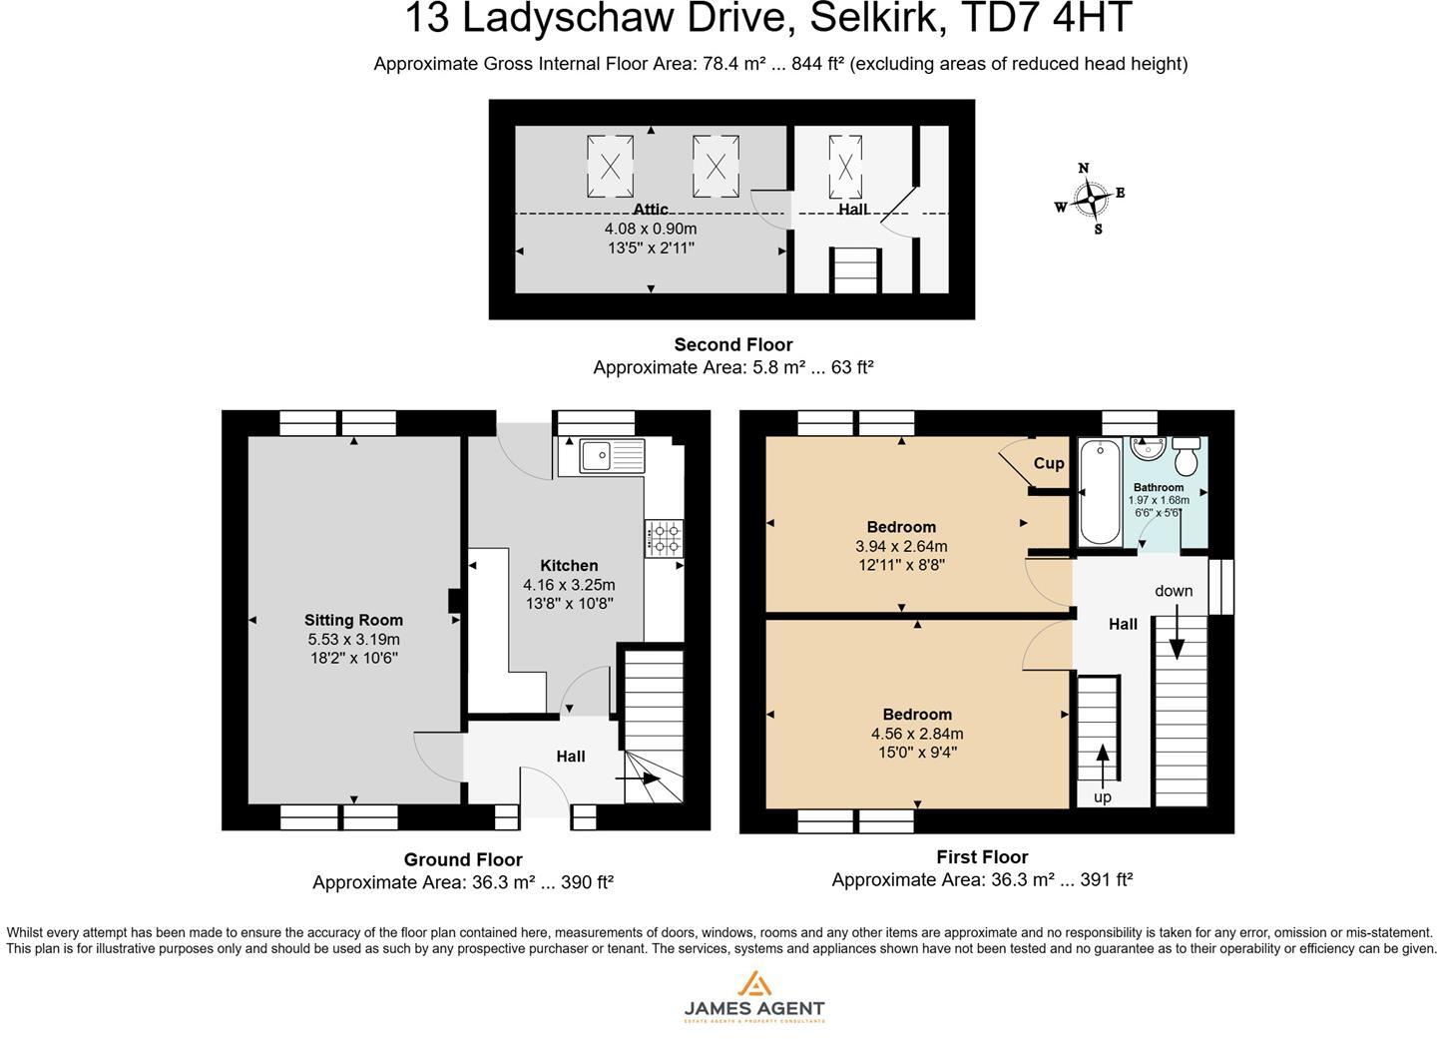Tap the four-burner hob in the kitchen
[664, 538]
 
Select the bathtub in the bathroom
[1099, 493]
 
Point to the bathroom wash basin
[1149, 449]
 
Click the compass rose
[1092, 200]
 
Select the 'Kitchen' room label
[569, 566]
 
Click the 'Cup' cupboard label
[1048, 463]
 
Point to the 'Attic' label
[650, 210]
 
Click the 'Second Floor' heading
[732, 345]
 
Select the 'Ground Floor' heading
[463, 859]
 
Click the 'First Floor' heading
[982, 856]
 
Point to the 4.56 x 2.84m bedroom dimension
[917, 734]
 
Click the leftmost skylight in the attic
[610, 167]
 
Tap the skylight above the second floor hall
[845, 166]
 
